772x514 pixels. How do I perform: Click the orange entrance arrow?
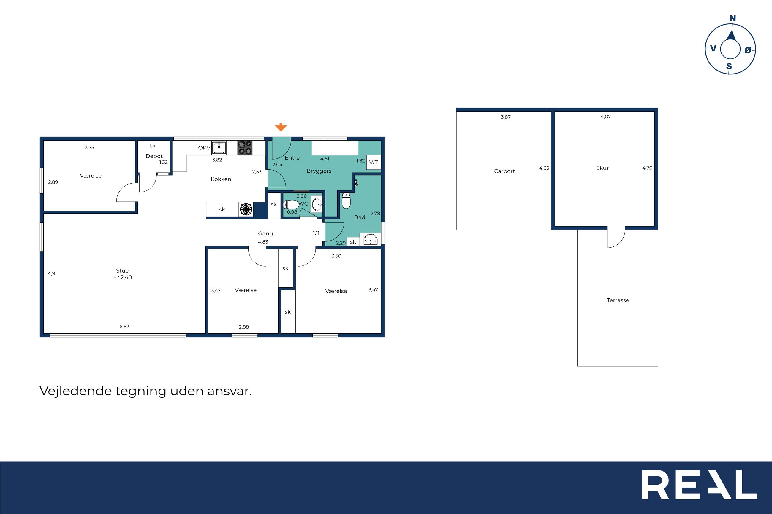click(281, 127)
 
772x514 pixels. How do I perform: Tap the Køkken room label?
click(221, 179)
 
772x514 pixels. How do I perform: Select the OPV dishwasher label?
click(204, 148)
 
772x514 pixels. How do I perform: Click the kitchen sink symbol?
click(219, 148)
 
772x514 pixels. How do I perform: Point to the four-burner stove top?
click(245, 147)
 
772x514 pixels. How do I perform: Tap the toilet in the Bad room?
click(346, 200)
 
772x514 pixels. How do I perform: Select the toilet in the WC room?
click(291, 205)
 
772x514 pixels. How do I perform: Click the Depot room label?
click(154, 156)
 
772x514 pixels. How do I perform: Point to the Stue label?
click(122, 271)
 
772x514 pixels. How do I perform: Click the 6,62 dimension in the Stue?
click(124, 327)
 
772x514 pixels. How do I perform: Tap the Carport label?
click(504, 171)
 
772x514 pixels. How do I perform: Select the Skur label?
click(602, 168)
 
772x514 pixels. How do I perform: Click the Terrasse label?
click(618, 300)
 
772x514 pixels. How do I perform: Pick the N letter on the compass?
click(733, 19)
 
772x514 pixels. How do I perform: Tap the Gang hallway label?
click(265, 234)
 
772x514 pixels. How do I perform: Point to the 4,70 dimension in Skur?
click(647, 168)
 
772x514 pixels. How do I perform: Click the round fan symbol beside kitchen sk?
click(246, 209)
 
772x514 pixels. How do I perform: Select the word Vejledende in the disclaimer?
click(76, 391)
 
